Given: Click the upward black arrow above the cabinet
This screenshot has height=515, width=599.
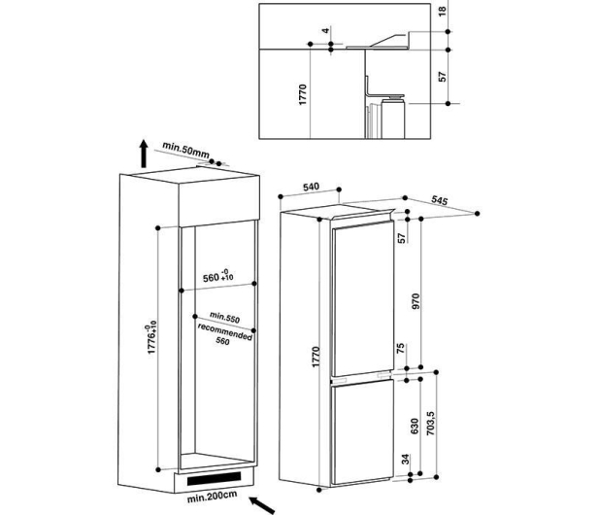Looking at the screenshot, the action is coord(144,154).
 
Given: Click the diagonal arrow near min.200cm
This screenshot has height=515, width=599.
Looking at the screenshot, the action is coord(262,504).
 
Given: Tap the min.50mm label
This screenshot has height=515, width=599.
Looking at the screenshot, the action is coord(186,150).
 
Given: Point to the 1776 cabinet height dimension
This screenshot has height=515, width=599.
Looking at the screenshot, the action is coord(151,338).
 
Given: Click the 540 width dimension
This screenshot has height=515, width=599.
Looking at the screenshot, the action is coord(311,187).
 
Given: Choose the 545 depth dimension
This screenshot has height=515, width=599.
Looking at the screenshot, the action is coord(440,200).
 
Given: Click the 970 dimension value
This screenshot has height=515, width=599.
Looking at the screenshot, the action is coord(416,301).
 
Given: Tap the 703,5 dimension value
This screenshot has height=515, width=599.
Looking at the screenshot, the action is coord(430,423).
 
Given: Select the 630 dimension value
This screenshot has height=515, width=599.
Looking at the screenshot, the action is coord(415,427).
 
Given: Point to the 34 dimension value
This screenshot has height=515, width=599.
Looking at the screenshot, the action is coord(406,459).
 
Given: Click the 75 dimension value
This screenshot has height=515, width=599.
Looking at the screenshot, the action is coord(400,348).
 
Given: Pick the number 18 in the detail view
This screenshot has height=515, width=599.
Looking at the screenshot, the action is coord(442,11).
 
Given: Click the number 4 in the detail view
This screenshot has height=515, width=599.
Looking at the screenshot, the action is coord(325,30).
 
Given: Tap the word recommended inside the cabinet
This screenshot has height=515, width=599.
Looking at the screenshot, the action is coord(225,331).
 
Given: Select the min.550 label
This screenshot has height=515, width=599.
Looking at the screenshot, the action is coord(224,317).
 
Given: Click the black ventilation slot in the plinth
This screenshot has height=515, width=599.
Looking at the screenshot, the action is coord(214,478).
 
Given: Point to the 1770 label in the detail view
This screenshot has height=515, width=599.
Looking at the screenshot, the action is coord(303,95).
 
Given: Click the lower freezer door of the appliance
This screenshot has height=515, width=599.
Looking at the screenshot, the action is coord(363,434).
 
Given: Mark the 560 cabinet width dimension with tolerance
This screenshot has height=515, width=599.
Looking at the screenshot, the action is coord(218,276).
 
